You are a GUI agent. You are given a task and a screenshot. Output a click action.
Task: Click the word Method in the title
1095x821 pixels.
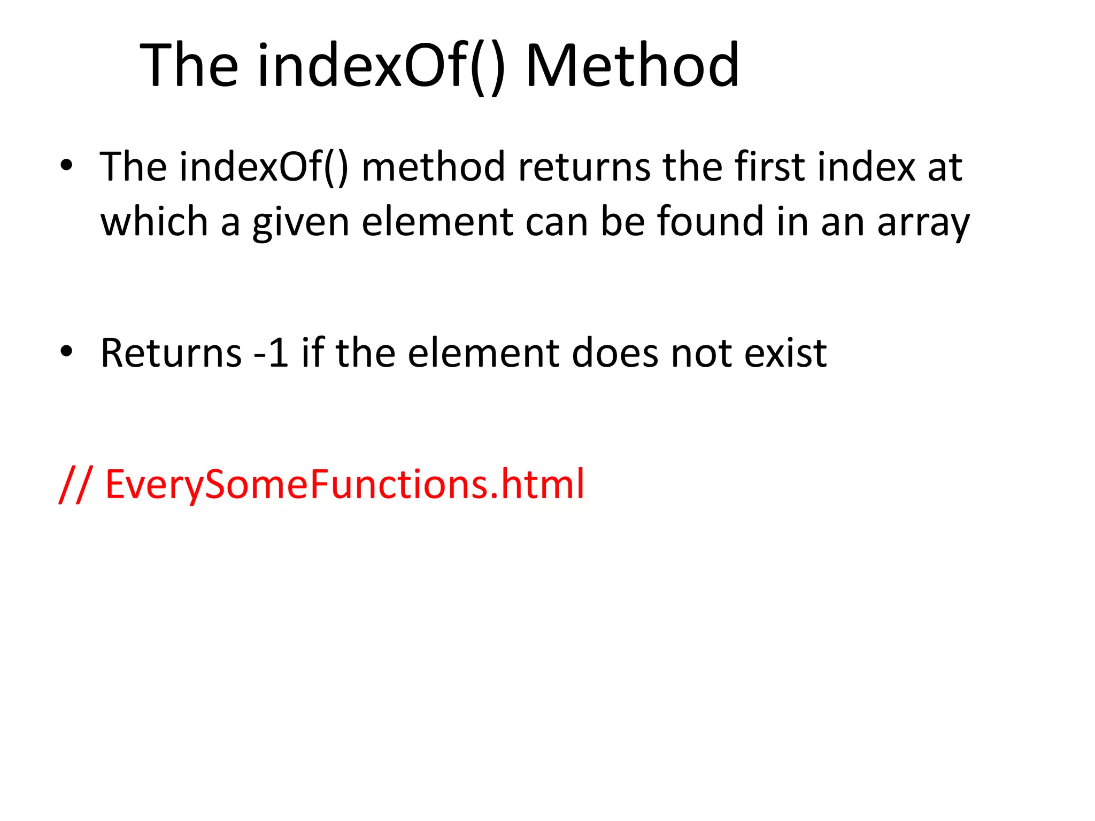(633, 66)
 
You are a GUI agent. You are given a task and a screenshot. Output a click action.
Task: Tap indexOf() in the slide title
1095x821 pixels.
(381, 66)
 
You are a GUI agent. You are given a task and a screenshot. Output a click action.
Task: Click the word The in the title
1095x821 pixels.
(189, 66)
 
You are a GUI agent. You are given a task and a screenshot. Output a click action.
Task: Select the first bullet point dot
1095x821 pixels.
(66, 165)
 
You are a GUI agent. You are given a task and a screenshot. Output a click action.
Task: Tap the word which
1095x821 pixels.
(154, 221)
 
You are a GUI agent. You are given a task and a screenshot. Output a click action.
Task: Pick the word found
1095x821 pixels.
(710, 221)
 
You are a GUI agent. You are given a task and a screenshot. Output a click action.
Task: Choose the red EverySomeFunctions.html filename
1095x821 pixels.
(345, 484)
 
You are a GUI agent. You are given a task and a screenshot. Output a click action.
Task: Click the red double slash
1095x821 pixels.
(75, 484)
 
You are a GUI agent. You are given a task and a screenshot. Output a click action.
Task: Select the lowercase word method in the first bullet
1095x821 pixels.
(433, 167)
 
